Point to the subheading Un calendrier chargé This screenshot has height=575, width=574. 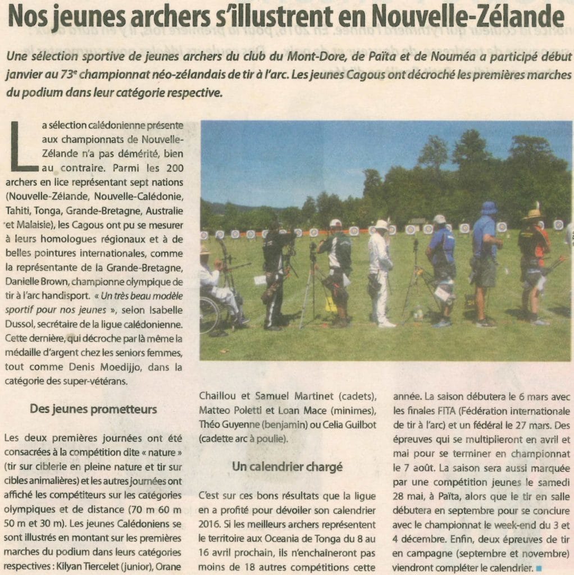[287, 466]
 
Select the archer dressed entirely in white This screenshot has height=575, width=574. [381, 272]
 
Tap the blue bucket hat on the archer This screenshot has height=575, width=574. [489, 208]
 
